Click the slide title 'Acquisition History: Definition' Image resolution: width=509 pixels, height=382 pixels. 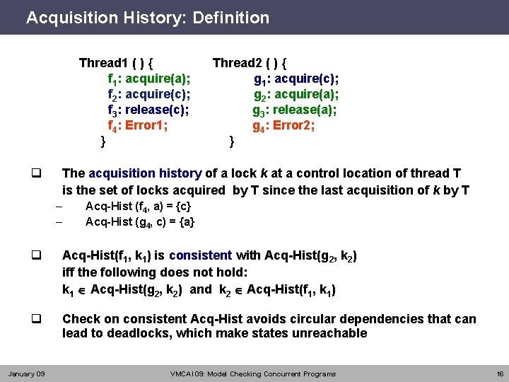coord(148,18)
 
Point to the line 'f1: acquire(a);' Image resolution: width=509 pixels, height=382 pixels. coord(148,79)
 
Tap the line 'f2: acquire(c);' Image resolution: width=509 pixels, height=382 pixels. coord(148,94)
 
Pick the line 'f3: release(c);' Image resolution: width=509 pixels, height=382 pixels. coord(148,110)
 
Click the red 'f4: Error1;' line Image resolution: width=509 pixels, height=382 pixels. coord(137,127)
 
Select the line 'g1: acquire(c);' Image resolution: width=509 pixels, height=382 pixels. coord(296,79)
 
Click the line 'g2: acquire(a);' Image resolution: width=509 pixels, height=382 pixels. coord(296,94)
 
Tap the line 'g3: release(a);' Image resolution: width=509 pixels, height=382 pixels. coord(295,110)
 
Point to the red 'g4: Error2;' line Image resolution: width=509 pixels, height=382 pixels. coord(283,127)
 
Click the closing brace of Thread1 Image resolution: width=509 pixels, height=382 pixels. coord(103,141)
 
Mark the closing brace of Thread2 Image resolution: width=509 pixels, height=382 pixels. coord(232,141)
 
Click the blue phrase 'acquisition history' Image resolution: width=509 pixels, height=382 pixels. coord(145,173)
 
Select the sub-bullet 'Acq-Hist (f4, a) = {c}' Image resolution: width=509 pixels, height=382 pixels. coord(137,207)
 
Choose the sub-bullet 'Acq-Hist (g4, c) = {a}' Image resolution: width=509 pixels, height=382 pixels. coord(140,222)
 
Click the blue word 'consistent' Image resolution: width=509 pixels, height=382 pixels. coord(200,255)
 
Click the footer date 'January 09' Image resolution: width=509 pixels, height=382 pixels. coord(26,374)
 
